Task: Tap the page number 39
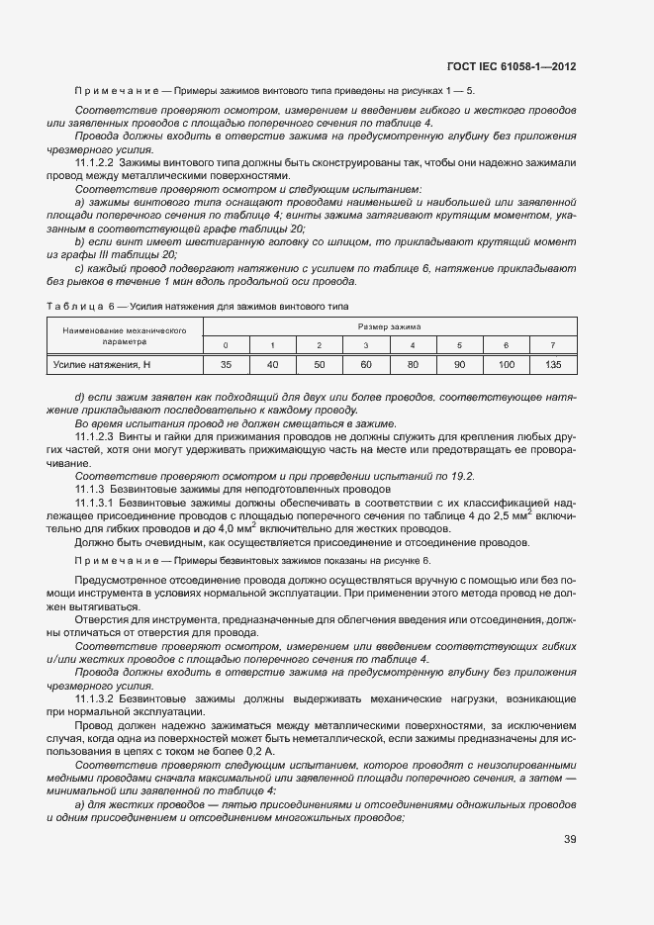point(569,839)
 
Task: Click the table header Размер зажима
point(389,325)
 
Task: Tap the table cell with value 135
point(552,365)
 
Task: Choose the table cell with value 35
point(226,365)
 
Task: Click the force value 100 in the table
point(506,365)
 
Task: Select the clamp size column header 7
point(552,344)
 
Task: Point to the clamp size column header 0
point(226,344)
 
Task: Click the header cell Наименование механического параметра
point(125,334)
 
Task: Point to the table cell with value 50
point(319,365)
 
